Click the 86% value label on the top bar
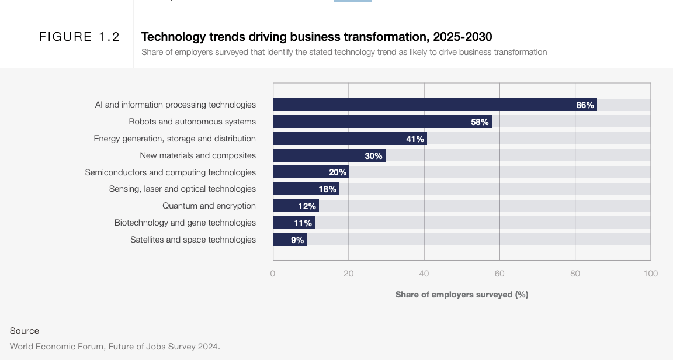(x=585, y=105)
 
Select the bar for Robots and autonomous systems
(x=382, y=122)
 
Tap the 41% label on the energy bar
(x=415, y=139)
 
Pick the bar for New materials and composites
(x=329, y=155)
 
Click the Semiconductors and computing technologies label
(x=170, y=172)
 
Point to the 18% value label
(x=327, y=189)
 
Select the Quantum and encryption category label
(x=209, y=206)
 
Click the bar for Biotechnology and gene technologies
(x=293, y=223)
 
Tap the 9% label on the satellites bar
(x=297, y=240)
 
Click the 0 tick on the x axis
(x=273, y=274)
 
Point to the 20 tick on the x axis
(x=348, y=274)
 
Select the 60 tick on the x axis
(x=499, y=274)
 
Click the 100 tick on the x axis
(x=650, y=274)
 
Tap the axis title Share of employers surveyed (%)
(x=462, y=295)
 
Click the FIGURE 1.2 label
(x=79, y=37)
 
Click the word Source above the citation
(x=25, y=331)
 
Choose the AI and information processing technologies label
(x=175, y=105)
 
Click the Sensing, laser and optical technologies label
(x=182, y=189)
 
